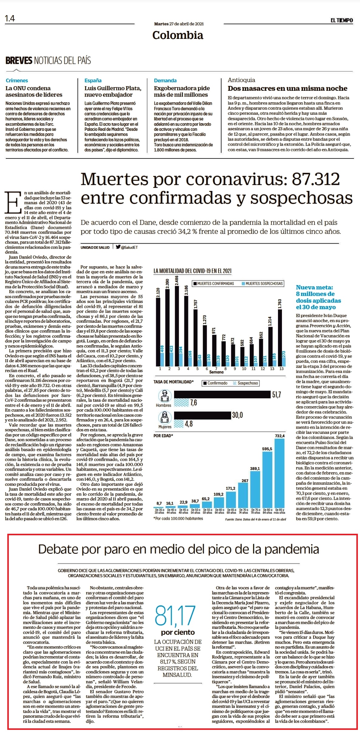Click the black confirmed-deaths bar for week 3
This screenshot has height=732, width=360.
point(177,326)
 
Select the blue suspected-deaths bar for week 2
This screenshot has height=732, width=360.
point(171,356)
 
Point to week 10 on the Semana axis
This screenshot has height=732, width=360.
point(244,369)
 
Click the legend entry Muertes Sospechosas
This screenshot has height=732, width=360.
point(262,284)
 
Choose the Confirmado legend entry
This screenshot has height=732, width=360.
point(215,383)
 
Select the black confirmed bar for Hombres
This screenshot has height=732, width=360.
point(222,394)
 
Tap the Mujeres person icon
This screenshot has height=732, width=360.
point(165,417)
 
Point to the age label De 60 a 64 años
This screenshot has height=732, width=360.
point(219,511)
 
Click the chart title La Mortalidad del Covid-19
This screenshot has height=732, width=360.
point(193,271)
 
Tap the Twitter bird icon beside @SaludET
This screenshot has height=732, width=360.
point(118,247)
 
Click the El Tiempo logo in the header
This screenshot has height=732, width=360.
point(342,20)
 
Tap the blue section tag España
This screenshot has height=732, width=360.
point(93,80)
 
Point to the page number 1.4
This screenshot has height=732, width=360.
point(10,19)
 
